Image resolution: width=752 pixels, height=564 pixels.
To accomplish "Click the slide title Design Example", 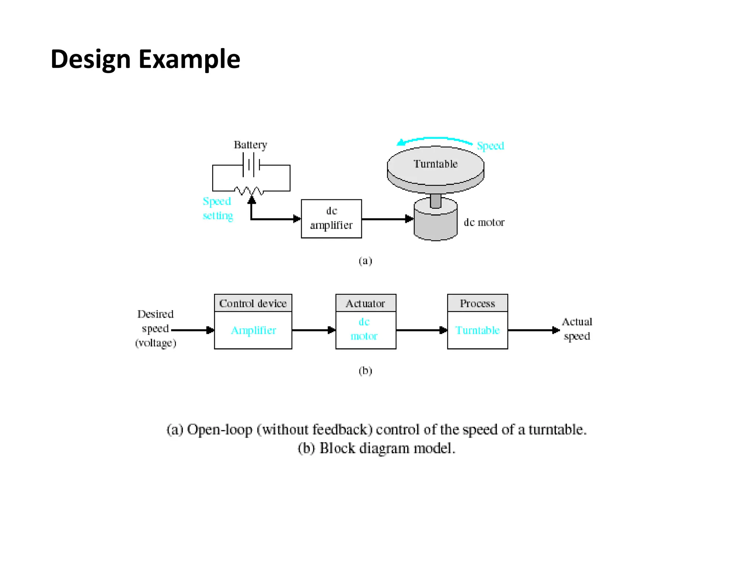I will tap(145, 59).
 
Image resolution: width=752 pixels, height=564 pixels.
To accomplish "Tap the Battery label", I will tap(250, 145).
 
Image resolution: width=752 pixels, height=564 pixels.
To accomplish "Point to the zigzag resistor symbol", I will tap(249, 191).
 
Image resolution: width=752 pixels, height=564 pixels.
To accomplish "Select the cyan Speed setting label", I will tap(217, 208).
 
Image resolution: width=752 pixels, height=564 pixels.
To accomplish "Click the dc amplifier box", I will tap(331, 218).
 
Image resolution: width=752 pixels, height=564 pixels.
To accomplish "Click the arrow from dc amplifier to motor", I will tap(387, 219).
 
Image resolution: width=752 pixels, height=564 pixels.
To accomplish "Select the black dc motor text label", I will tap(484, 222).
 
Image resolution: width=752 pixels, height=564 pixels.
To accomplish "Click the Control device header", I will tap(253, 303).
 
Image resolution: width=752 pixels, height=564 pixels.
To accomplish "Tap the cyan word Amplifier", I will tap(253, 330).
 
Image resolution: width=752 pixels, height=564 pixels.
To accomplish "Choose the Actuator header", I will tap(365, 303).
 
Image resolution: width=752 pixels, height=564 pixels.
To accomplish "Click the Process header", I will tap(477, 303).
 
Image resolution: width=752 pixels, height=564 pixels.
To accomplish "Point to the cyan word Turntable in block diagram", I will tap(477, 330).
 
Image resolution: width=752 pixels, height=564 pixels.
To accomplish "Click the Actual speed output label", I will tap(577, 329).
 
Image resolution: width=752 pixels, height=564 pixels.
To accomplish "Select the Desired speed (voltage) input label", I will tap(155, 328).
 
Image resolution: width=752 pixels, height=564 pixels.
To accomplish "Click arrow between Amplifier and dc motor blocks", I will tap(313, 330).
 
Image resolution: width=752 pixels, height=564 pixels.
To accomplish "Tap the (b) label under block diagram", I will tap(365, 370).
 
